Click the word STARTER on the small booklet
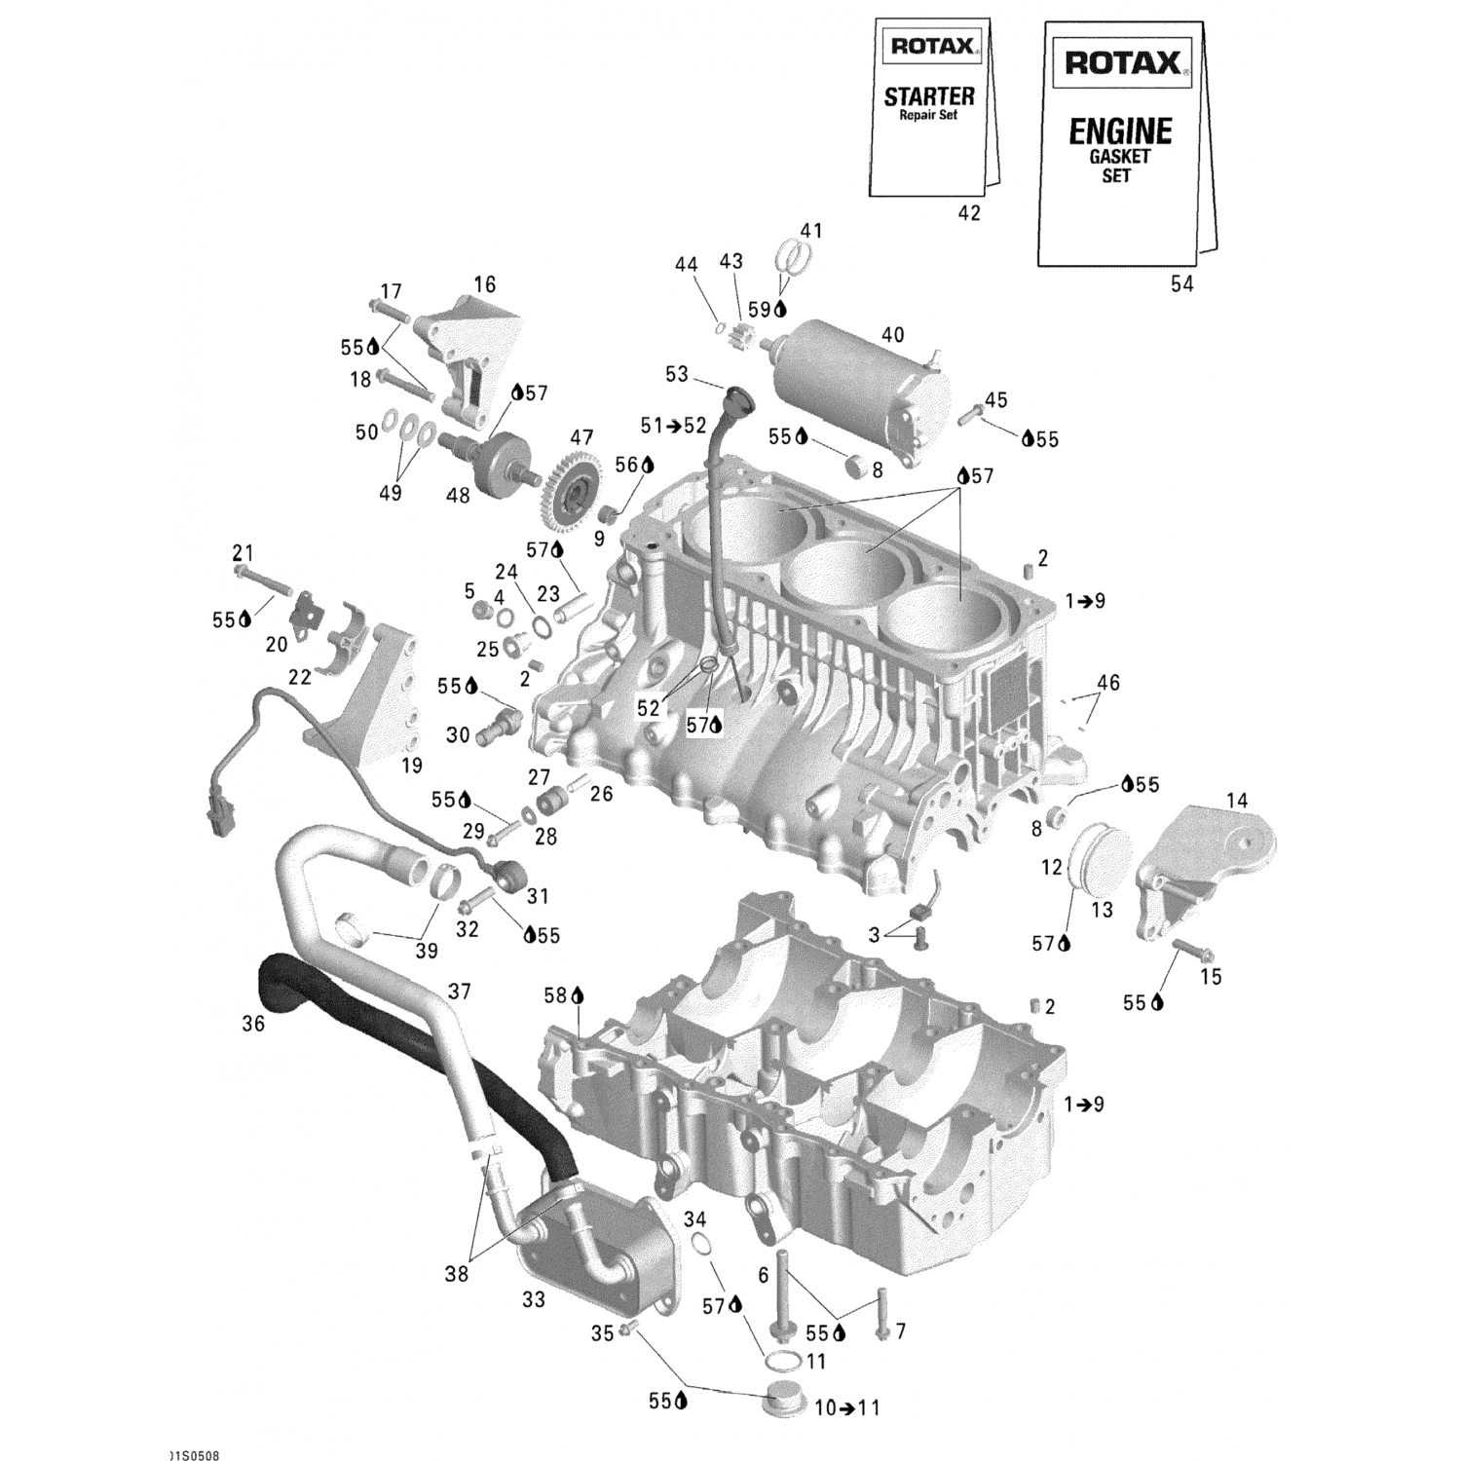(x=928, y=96)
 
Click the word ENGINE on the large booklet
(x=1120, y=131)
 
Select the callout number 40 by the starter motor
(x=892, y=335)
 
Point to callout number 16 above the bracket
(x=484, y=284)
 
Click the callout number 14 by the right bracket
(x=1236, y=801)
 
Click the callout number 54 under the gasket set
(x=1181, y=283)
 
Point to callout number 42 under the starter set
(x=969, y=213)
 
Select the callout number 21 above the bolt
(x=243, y=552)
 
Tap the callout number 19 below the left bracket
(x=412, y=766)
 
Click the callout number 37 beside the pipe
(x=459, y=991)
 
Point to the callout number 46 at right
(x=1107, y=683)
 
